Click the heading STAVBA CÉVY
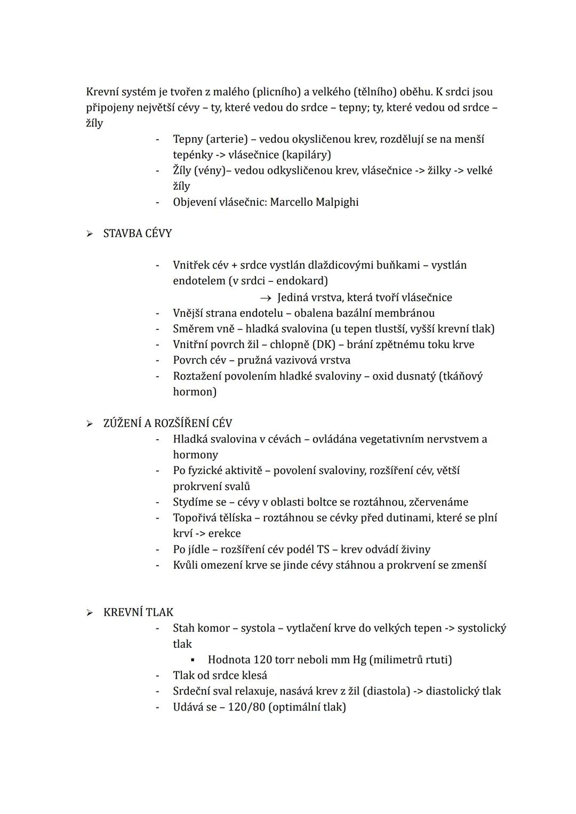137,233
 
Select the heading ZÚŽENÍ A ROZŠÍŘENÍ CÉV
167,423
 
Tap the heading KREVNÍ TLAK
138,612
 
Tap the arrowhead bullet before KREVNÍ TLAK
90,612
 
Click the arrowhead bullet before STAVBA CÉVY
90,234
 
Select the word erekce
225,533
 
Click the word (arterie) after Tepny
226,139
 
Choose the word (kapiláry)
306,155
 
